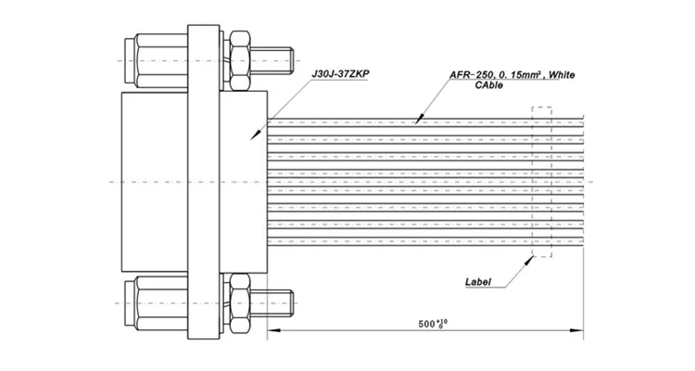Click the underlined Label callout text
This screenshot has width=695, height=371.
[x=479, y=281]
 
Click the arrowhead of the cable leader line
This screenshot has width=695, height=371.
[x=418, y=120]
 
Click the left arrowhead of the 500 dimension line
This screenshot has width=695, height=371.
[x=273, y=332]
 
